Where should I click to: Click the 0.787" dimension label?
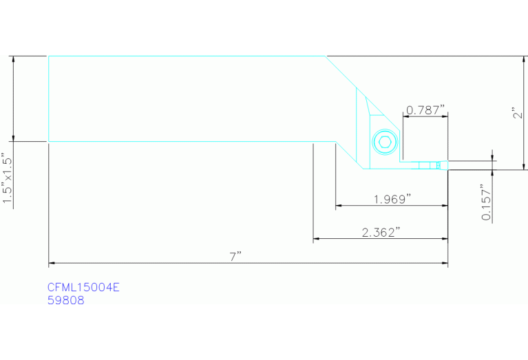click(425, 110)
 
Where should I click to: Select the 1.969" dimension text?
click(392, 200)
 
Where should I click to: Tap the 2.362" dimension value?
click(381, 233)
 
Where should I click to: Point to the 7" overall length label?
click(235, 257)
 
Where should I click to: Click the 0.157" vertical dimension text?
click(487, 202)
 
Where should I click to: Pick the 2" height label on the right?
click(518, 113)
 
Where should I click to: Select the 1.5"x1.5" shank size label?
click(7, 178)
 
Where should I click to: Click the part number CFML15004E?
click(83, 287)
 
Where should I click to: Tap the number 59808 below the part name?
click(66, 300)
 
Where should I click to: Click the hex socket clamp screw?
click(385, 142)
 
